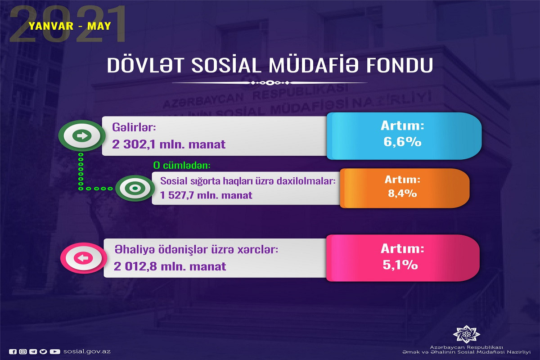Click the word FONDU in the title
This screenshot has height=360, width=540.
(400, 65)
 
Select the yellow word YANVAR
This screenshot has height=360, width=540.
(51, 26)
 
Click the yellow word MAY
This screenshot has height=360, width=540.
(99, 26)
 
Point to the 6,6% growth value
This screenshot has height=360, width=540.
(402, 142)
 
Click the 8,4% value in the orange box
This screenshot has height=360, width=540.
(402, 193)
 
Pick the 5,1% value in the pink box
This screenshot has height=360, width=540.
(400, 265)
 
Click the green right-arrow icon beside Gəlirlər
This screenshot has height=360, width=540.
(82, 135)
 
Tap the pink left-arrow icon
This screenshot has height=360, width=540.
(83, 258)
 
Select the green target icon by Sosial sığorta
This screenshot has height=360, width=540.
(135, 188)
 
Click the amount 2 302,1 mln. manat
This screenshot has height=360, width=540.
(169, 144)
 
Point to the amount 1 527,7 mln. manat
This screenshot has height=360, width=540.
(206, 195)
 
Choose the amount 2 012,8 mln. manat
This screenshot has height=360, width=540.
(170, 266)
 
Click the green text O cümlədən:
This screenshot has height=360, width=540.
(182, 166)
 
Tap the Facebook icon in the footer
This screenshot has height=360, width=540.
(13, 351)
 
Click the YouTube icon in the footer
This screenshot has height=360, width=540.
(55, 351)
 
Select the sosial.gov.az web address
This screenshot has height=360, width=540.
(87, 351)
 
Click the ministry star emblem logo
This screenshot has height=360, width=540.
(466, 334)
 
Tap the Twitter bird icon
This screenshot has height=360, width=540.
(43, 351)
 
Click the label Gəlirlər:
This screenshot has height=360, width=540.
(134, 127)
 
